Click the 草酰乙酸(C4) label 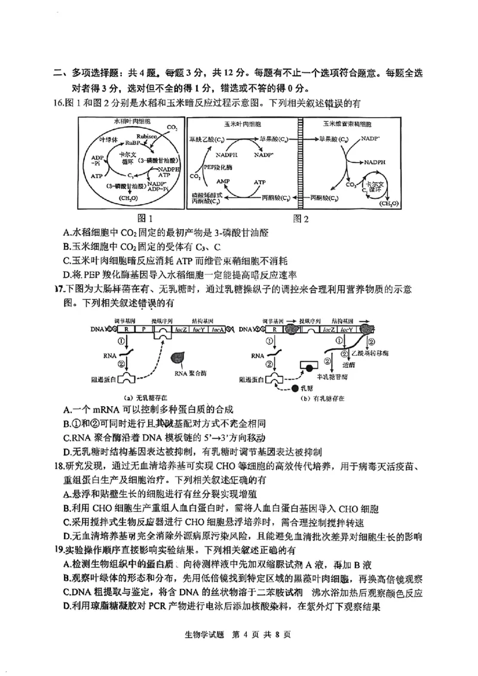pos(206,139)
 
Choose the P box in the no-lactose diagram pos(143,329)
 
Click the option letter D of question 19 pos(66,607)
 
